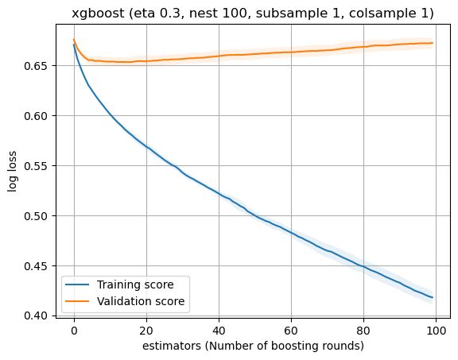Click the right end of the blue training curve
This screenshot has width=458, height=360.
click(x=432, y=297)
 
